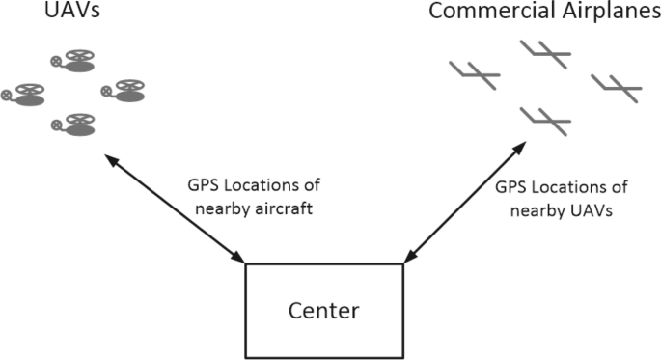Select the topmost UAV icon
click(76, 62)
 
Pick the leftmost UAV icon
click(26, 95)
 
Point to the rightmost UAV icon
click(125, 91)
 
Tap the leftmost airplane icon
click(475, 73)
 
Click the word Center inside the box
click(324, 312)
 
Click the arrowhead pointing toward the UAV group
click(113, 162)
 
